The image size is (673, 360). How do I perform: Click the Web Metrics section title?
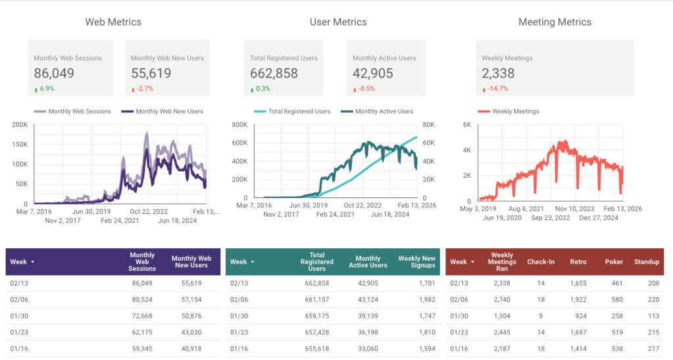[x=113, y=22]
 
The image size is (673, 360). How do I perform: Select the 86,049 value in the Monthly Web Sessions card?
[x=54, y=74]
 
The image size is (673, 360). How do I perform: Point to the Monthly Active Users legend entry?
[x=384, y=111]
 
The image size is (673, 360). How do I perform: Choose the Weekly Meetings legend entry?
[x=515, y=111]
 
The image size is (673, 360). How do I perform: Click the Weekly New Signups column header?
[x=416, y=262]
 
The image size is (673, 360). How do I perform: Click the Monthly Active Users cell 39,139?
[x=374, y=315]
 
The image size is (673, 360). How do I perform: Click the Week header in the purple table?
[x=22, y=262]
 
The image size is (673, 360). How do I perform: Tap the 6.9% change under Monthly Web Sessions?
[x=47, y=89]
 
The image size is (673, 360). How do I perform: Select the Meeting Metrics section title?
[x=555, y=22]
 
